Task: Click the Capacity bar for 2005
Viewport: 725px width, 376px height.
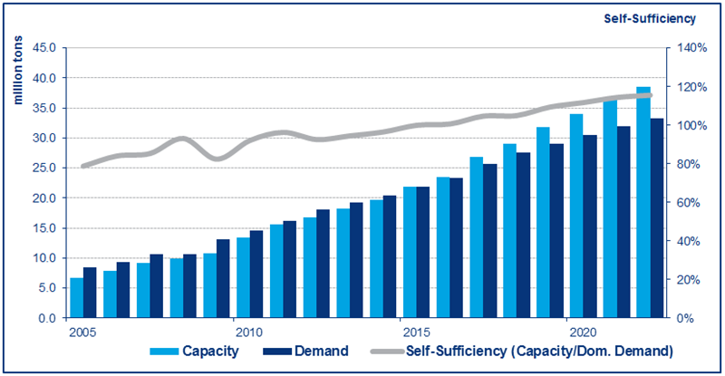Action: (77, 298)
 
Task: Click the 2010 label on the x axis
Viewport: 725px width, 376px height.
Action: (236, 332)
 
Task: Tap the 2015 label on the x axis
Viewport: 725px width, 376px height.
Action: (401, 332)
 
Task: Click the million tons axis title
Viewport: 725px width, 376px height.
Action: (17, 72)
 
